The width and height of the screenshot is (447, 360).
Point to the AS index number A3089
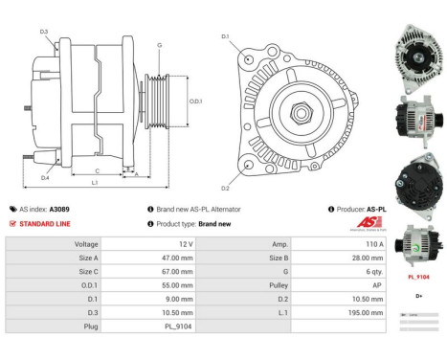pos(59,209)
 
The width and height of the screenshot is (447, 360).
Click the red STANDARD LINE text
pos(44,223)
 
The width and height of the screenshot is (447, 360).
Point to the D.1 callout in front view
pos(225,37)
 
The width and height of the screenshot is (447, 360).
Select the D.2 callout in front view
pos(225,188)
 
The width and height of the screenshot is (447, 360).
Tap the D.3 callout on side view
pos(44,32)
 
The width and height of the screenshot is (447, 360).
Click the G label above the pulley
pos(159,45)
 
